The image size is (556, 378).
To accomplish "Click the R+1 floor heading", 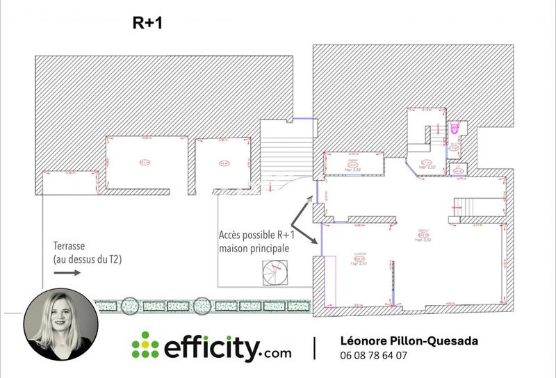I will coord(147,22).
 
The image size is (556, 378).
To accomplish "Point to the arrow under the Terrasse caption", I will coord(67,272).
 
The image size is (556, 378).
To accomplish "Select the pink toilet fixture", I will coord(455,129).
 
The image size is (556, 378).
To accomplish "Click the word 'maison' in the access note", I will coord(235,248).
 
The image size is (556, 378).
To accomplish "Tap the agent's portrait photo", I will coord(58,325).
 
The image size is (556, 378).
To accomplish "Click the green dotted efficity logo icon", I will coord(145,345).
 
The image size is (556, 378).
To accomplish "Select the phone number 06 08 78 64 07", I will coord(374,356).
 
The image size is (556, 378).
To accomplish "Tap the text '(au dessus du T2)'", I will coord(89,259).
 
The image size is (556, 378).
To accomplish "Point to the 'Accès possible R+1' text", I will coord(252,235).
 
